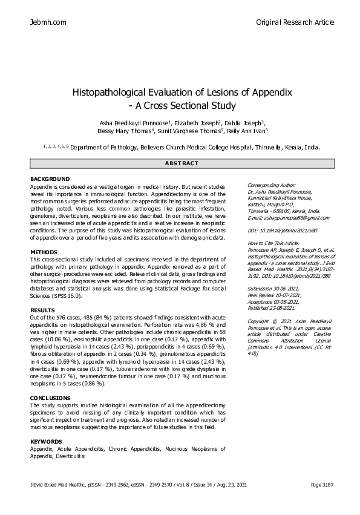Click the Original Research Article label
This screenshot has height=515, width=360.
[295, 22]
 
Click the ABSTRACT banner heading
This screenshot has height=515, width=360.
[182, 164]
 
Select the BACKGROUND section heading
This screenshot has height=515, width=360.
[50, 179]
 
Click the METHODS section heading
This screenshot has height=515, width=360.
[44, 251]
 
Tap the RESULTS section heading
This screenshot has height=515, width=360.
[42, 310]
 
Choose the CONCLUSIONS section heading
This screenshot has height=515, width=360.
[51, 398]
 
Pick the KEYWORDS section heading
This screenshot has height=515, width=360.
[47, 442]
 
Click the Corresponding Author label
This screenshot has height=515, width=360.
[272, 185]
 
